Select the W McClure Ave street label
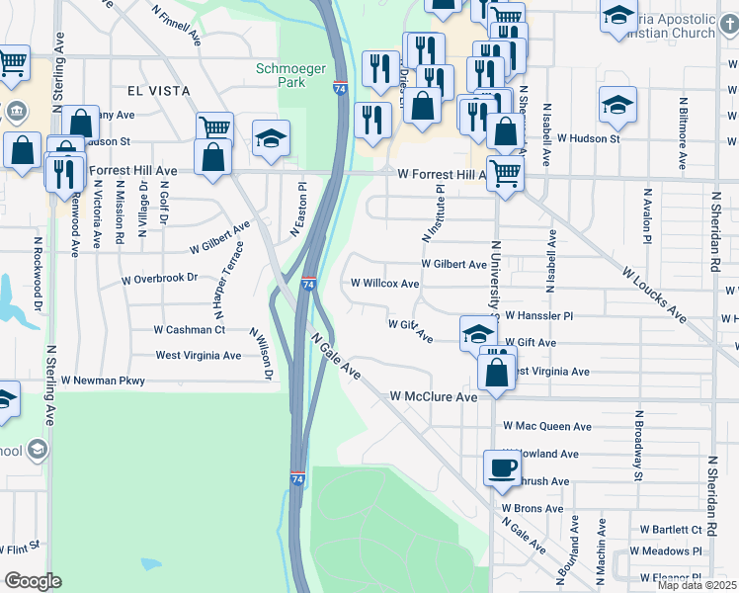pos(434,396)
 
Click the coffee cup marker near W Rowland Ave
pos(501,467)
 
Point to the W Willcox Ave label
pos(385,283)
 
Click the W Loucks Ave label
pos(653,294)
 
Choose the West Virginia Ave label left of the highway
pos(199,356)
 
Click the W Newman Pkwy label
pos(103,381)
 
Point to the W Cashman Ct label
pos(190,330)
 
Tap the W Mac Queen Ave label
pos(546,427)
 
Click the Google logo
pos(33,581)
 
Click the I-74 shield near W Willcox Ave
pos(309,284)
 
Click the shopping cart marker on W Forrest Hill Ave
pos(504,173)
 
